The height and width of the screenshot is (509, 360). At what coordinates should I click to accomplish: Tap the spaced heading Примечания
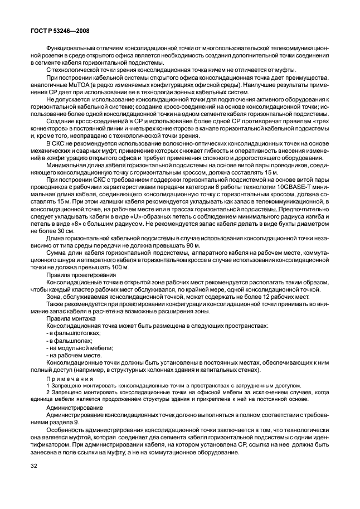pos(69,378)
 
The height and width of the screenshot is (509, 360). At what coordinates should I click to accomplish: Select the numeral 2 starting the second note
pos(48,392)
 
